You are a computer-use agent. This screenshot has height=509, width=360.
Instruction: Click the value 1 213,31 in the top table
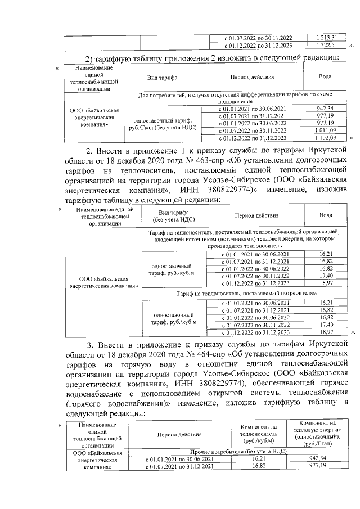click(x=326, y=37)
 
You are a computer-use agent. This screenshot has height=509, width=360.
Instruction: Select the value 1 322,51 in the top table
click(x=326, y=46)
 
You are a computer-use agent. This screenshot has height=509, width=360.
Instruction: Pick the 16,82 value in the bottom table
click(x=258, y=467)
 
